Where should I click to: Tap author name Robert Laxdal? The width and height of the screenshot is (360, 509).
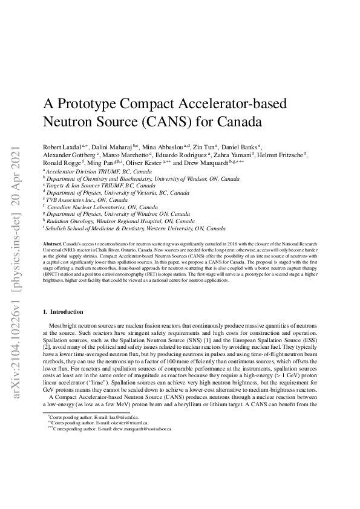(63, 147)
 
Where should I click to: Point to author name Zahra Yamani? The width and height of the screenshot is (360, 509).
(230, 155)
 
